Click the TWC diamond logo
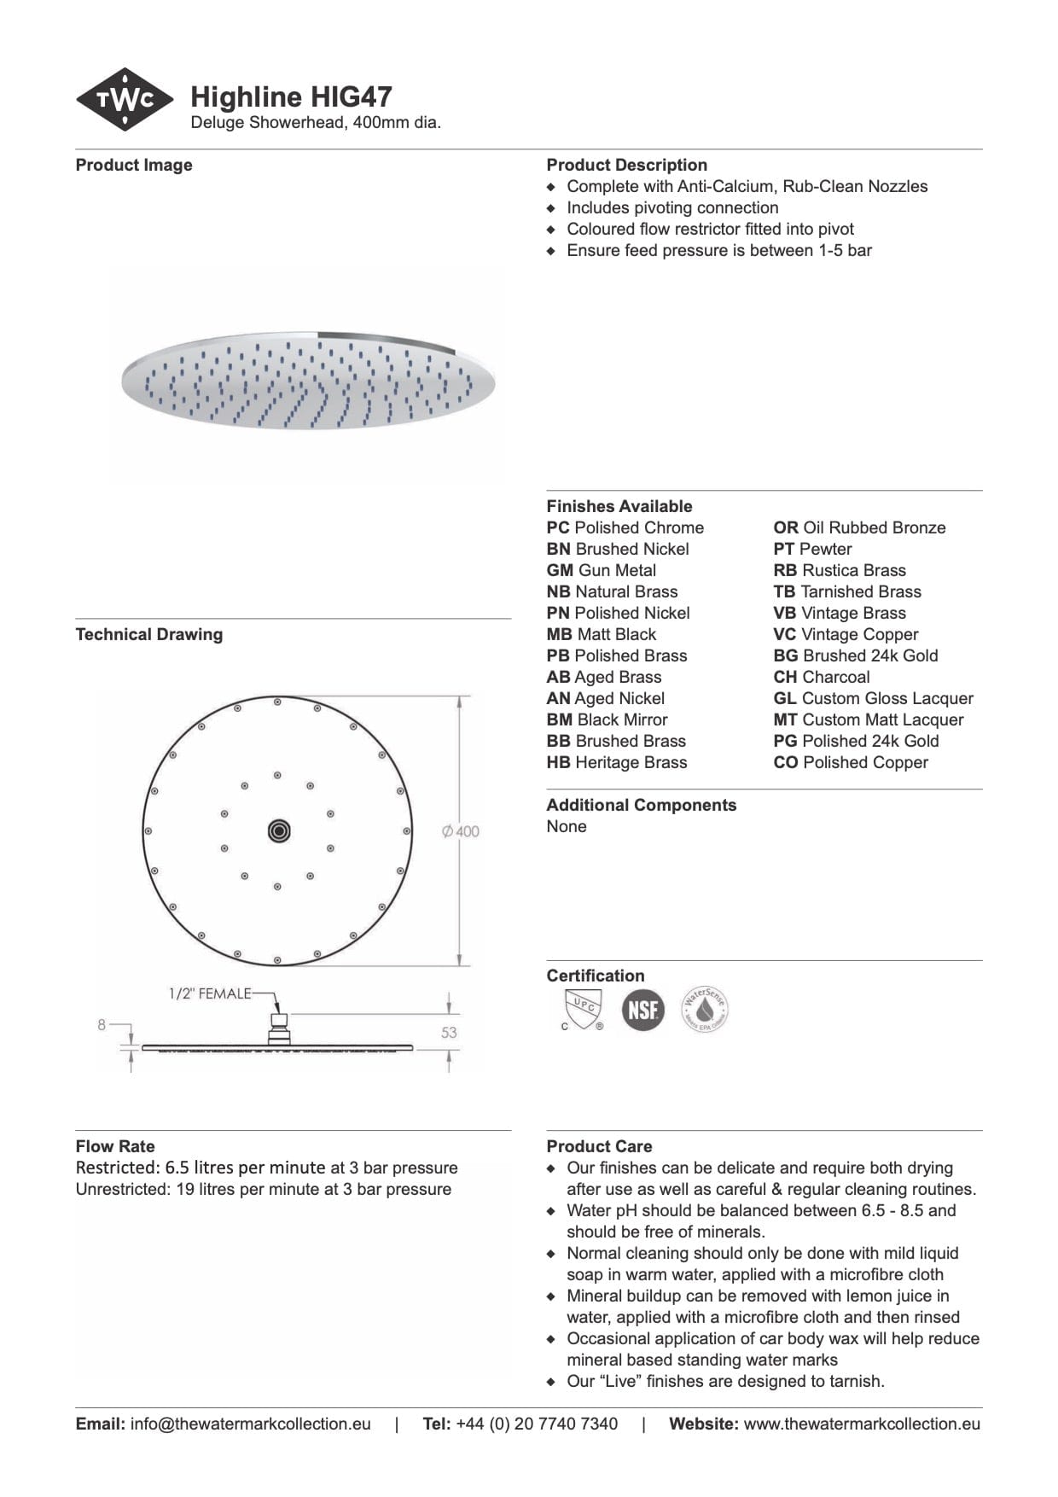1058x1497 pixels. (x=125, y=100)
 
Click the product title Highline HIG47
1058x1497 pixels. (x=291, y=96)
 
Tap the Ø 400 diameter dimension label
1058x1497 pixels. (x=461, y=831)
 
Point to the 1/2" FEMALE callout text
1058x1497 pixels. (x=210, y=993)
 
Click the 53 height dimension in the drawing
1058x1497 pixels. (x=449, y=1033)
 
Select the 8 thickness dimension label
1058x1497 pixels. (x=102, y=1025)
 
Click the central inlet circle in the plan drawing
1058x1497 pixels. (x=278, y=830)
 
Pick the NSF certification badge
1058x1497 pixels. (x=642, y=1010)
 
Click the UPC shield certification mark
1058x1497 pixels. (x=583, y=1008)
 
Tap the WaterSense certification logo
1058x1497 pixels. (x=705, y=1010)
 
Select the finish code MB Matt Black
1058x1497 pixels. (x=602, y=634)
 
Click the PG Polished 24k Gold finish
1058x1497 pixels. (x=856, y=741)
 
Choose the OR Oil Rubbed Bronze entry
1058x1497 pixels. (x=859, y=527)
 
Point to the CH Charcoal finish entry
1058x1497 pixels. (x=822, y=677)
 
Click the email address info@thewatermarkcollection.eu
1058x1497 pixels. (x=250, y=1424)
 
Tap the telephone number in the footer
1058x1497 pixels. (x=537, y=1424)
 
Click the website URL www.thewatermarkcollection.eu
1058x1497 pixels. (x=862, y=1424)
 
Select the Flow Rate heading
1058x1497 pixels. (x=115, y=1146)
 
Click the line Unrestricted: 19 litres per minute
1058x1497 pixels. (x=263, y=1189)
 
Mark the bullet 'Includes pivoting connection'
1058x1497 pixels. (x=672, y=207)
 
